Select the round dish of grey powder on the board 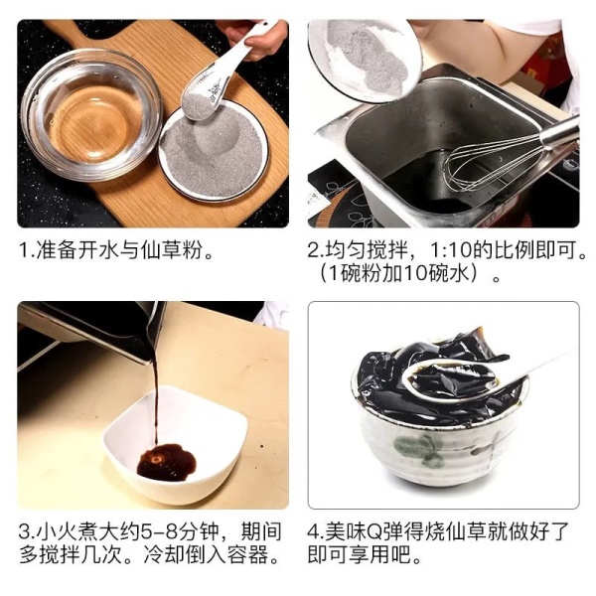click(214, 149)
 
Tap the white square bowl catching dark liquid click(175, 445)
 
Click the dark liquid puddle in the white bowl click(167, 461)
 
